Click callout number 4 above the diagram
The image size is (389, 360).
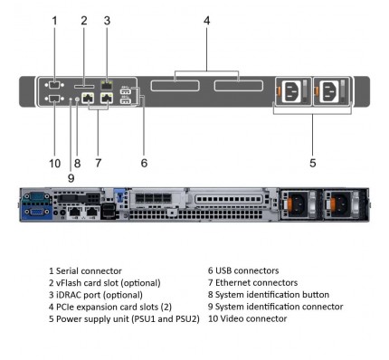click(x=206, y=21)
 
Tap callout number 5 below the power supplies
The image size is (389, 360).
click(x=313, y=163)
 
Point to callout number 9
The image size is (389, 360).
click(x=71, y=178)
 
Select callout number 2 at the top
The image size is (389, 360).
click(x=84, y=21)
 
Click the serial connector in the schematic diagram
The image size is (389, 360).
click(x=54, y=85)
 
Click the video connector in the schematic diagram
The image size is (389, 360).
click(x=54, y=99)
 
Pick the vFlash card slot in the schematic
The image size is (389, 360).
click(x=84, y=87)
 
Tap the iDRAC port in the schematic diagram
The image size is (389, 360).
click(x=107, y=85)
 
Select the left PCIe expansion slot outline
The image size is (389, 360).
click(x=175, y=86)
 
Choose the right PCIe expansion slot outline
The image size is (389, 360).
click(x=239, y=86)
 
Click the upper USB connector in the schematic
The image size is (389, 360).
click(x=126, y=91)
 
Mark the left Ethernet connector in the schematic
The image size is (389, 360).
click(x=88, y=98)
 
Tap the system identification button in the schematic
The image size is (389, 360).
click(x=77, y=99)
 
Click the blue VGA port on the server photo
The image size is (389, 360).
click(x=37, y=212)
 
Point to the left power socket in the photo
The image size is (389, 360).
click(x=299, y=204)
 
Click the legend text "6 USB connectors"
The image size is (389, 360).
click(x=243, y=270)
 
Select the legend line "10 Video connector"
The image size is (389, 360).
click(x=248, y=318)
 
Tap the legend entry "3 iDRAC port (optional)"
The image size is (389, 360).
click(x=96, y=295)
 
